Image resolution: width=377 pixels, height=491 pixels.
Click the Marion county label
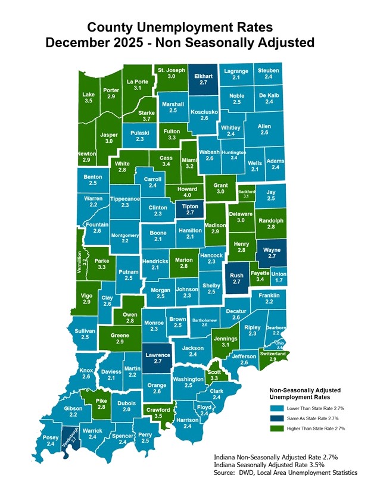point(183,262)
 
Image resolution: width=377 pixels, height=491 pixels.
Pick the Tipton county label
point(190,209)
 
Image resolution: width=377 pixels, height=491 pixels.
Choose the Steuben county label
point(269,74)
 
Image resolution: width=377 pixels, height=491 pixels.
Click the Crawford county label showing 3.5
point(157,413)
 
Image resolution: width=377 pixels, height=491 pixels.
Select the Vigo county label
point(86,299)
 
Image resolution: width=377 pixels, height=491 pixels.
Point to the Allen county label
point(264,129)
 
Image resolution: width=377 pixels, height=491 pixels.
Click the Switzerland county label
point(273,356)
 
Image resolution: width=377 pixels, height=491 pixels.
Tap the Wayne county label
point(272,252)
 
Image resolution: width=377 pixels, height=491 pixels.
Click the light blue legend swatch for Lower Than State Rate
point(276,408)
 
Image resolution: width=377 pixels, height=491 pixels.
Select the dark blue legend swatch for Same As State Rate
point(276,418)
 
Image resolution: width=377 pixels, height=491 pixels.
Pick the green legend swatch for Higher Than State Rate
point(276,428)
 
